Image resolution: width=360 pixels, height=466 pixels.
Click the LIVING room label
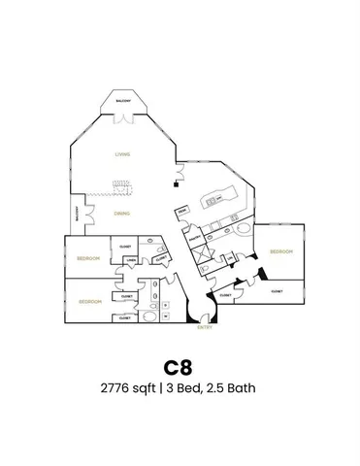(x=122, y=154)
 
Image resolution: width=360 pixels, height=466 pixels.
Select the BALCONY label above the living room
(x=124, y=99)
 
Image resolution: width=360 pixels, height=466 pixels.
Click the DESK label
(x=181, y=211)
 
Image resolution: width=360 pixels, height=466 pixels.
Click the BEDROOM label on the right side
(x=281, y=252)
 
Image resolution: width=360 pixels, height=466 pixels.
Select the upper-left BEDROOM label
(x=89, y=257)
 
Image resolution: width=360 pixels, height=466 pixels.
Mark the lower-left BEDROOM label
(x=90, y=301)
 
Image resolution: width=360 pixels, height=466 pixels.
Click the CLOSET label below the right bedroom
(x=277, y=290)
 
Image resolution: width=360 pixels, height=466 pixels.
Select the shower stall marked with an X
(x=205, y=253)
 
